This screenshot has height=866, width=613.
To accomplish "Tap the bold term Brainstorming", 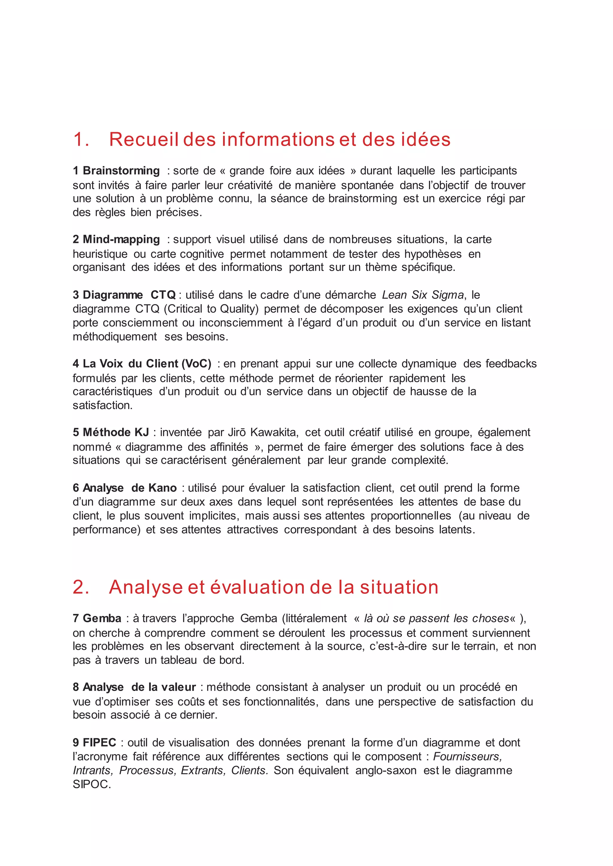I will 121,170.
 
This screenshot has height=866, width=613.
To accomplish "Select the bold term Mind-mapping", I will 121,239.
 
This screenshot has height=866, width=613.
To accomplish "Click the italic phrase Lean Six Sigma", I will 423,295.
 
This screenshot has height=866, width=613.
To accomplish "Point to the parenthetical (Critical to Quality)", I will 211,309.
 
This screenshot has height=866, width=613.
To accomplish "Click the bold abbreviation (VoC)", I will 196,364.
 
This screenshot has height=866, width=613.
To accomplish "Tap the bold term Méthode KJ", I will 116,432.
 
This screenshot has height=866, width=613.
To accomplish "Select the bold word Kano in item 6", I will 163,488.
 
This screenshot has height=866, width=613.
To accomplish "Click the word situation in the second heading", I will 399,587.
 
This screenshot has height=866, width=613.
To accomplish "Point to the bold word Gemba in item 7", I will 102,618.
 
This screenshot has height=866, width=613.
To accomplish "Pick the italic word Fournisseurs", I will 467,756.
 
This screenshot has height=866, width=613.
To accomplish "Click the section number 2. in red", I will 81,587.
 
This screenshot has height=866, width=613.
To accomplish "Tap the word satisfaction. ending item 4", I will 103,405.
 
